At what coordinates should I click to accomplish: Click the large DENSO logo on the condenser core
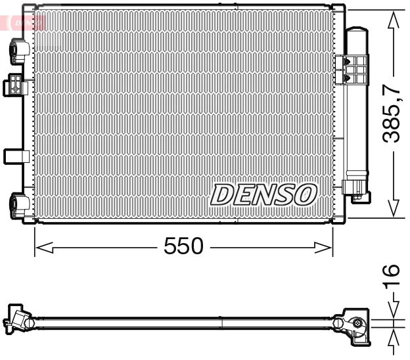click(264, 194)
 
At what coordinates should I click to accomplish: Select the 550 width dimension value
click(183, 246)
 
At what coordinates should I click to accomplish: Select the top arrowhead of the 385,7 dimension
click(393, 20)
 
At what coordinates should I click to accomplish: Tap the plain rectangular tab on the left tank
click(14, 156)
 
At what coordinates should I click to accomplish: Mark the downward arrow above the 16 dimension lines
click(393, 311)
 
